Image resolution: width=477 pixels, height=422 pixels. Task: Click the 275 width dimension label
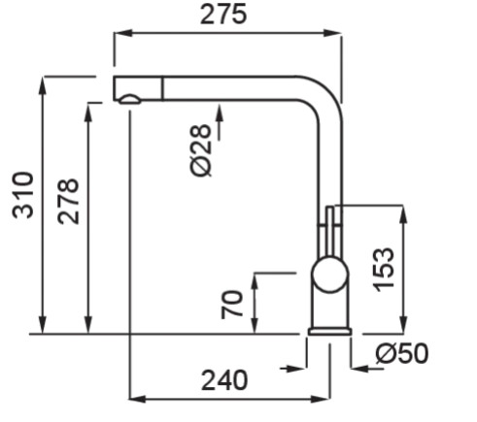click(223, 15)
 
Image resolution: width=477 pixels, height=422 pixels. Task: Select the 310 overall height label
click(22, 195)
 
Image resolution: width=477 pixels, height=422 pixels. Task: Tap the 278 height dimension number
click(68, 202)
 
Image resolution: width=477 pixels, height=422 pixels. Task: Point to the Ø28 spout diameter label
click(201, 150)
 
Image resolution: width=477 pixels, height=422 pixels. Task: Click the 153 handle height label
click(384, 270)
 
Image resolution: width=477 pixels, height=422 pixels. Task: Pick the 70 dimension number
click(232, 305)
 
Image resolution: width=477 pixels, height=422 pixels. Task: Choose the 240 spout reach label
click(224, 380)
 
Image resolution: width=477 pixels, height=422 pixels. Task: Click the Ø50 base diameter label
click(402, 353)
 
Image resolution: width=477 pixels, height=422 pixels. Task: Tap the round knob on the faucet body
click(330, 275)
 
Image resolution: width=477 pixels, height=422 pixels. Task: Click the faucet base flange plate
click(329, 332)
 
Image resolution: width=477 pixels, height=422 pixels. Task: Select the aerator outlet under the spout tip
click(129, 99)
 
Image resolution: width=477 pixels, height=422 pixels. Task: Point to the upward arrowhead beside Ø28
click(220, 113)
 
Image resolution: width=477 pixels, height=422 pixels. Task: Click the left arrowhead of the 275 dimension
click(123, 33)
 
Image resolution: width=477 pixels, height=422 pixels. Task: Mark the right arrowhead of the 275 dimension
click(332, 33)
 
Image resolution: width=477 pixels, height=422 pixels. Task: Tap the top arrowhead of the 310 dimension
click(43, 85)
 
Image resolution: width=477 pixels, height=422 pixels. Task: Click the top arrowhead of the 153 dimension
click(403, 214)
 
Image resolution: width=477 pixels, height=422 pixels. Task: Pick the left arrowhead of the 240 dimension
click(138, 399)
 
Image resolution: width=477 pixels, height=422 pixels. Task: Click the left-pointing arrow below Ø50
click(368, 368)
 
